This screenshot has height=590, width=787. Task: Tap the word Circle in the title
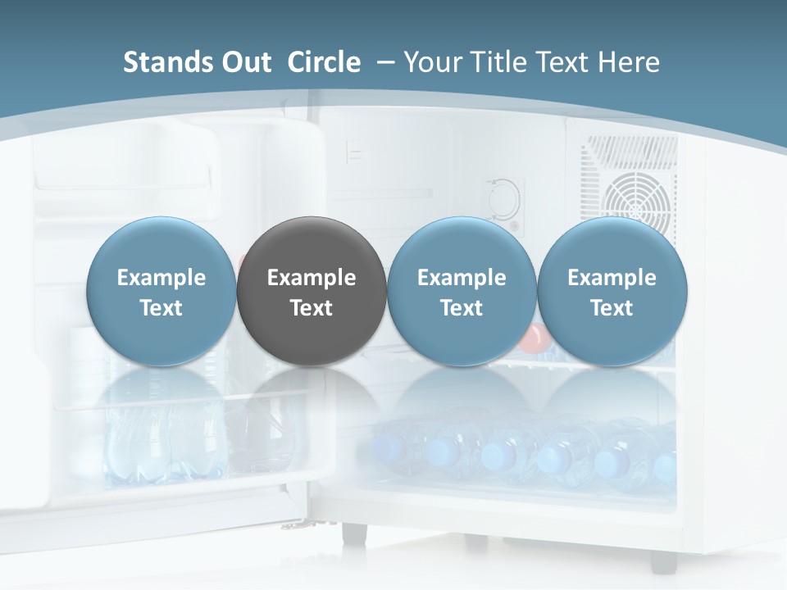[x=324, y=62]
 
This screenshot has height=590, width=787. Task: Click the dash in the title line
[x=384, y=62]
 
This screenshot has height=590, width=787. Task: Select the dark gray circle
[x=312, y=292]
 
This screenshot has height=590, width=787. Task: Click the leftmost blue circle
[x=161, y=292]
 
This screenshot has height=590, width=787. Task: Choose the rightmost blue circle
[x=612, y=292]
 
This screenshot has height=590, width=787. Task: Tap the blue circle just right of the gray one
[x=462, y=292]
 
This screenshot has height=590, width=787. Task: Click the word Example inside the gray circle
[x=312, y=278]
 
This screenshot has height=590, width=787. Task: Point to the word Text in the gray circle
[x=312, y=308]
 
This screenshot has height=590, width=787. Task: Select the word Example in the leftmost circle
[x=161, y=278]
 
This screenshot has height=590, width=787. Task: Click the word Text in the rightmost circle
[x=612, y=308]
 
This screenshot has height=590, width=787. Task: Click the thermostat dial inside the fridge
[x=503, y=198]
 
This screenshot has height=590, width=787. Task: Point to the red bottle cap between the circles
[x=534, y=335]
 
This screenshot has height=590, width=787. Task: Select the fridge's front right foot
[x=663, y=560]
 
